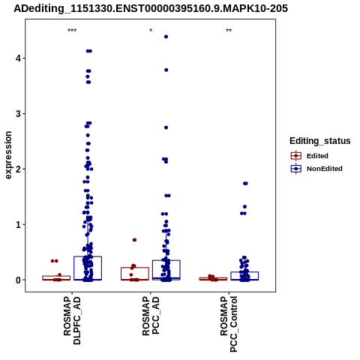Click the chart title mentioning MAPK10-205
pyautogui.click(x=151, y=8)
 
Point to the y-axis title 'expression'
pyautogui.click(x=8, y=155)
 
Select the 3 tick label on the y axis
pyautogui.click(x=18, y=114)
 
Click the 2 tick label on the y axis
pyautogui.click(x=18, y=169)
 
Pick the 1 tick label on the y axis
pyautogui.click(x=18, y=224)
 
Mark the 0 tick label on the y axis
pyautogui.click(x=18, y=280)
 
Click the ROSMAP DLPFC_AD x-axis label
pyautogui.click(x=72, y=321)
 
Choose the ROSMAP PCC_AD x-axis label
pyautogui.click(x=151, y=316)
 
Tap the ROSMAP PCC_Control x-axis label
pyautogui.click(x=229, y=324)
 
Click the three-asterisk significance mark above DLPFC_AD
pyautogui.click(x=72, y=31)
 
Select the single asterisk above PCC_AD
pyautogui.click(x=151, y=31)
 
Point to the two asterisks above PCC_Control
pyautogui.click(x=229, y=31)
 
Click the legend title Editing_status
pyautogui.click(x=320, y=141)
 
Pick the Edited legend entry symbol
pyautogui.click(x=296, y=156)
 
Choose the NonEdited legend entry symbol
pyautogui.click(x=296, y=169)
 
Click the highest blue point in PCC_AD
pyautogui.click(x=166, y=37)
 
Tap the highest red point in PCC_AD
pyautogui.click(x=134, y=240)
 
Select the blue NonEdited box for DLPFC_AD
pyautogui.click(x=88, y=268)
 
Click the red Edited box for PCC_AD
pyautogui.click(x=135, y=274)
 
